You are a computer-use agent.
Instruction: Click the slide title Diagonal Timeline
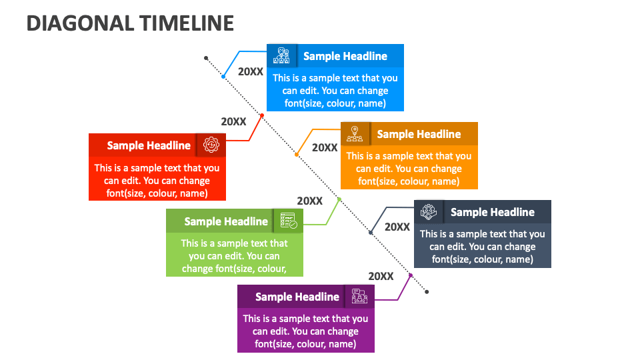tap(130, 23)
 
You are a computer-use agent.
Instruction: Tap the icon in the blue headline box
tap(282, 56)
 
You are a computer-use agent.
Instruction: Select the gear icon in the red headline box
tap(211, 145)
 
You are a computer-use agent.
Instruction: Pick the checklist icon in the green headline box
tap(288, 221)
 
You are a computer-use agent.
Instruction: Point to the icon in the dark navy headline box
tap(429, 212)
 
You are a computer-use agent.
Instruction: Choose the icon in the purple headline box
tap(359, 297)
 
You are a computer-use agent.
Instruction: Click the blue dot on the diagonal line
tap(224, 77)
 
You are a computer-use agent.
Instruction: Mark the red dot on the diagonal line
tap(261, 116)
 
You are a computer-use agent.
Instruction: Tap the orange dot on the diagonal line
tap(297, 155)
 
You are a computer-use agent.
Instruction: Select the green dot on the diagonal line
tap(339, 199)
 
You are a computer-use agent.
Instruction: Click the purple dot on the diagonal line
tap(411, 275)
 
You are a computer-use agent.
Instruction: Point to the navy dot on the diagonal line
tap(371, 232)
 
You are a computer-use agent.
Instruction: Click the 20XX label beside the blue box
tap(251, 71)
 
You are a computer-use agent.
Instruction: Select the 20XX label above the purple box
tap(381, 276)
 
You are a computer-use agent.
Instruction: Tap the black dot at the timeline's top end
tap(206, 58)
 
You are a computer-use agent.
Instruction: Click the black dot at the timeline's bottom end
tap(427, 291)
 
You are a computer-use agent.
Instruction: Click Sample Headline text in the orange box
tap(419, 134)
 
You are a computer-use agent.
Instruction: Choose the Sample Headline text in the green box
tap(226, 221)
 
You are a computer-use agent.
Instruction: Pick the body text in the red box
tap(157, 181)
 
